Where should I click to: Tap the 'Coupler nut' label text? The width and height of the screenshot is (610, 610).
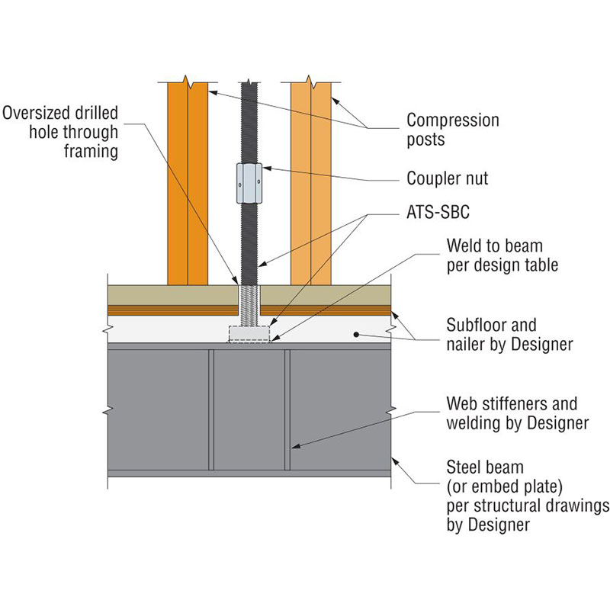click(447, 179)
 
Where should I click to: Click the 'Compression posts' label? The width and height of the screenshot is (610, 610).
click(453, 130)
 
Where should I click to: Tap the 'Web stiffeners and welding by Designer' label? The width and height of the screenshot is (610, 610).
click(512, 413)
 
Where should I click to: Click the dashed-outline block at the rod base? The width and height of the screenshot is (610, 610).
click(249, 333)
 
